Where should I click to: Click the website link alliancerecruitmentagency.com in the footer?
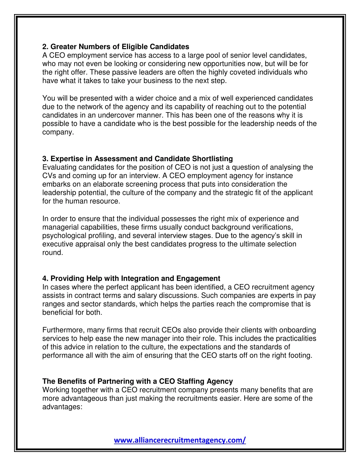(x=180, y=440)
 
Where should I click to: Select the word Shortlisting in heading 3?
(x=212, y=159)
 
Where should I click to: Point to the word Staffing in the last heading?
(x=190, y=381)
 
